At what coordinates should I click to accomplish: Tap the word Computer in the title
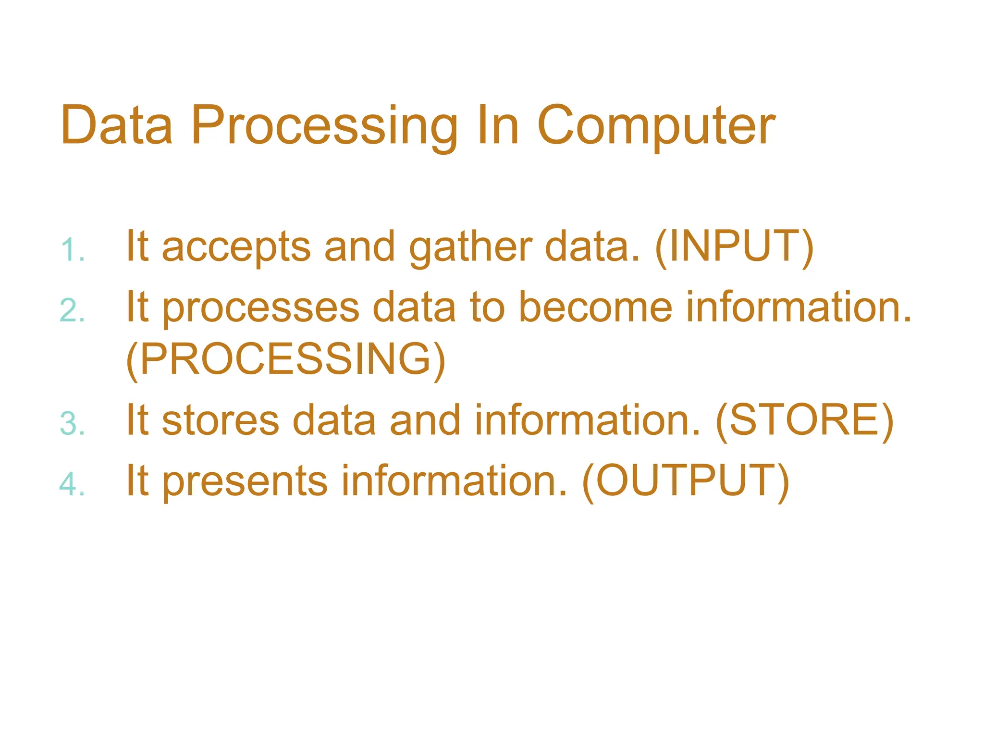click(655, 126)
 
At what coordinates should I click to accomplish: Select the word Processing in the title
click(324, 126)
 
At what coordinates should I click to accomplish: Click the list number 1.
click(72, 250)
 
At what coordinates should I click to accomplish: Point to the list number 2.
click(72, 310)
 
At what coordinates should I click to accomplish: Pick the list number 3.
click(72, 424)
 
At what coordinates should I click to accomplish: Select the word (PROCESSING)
click(285, 359)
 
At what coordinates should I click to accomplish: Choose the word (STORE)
click(804, 420)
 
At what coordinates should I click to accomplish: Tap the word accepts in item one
click(236, 247)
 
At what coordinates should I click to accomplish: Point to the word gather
click(470, 247)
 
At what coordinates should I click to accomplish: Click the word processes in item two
click(260, 308)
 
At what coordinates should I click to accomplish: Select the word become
click(596, 307)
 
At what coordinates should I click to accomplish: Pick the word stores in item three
click(221, 420)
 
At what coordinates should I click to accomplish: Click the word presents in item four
click(245, 481)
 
